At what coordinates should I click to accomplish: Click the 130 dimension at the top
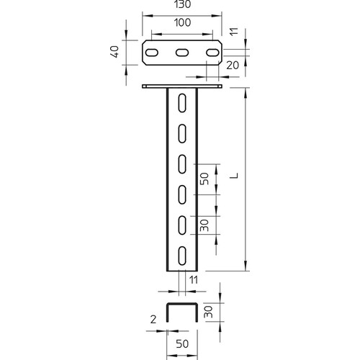pos(183,4)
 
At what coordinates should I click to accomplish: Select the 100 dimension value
pos(182,22)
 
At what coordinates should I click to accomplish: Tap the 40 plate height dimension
pos(115,52)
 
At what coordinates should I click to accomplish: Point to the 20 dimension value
pos(233,66)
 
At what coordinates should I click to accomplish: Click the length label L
pos(234,176)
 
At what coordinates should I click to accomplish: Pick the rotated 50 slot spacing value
pos(204,179)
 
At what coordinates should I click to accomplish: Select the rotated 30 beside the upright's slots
pos(204,225)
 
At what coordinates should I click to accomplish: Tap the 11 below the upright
pos(194,280)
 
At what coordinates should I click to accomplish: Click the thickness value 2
pos(153,320)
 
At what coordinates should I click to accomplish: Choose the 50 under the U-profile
pos(182,344)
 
